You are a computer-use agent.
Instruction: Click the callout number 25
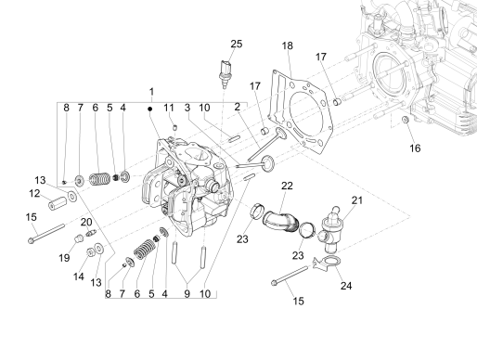coord(236,45)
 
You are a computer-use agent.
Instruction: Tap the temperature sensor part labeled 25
coord(224,71)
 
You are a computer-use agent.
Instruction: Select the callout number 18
coord(288,45)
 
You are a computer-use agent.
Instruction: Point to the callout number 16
coord(416,148)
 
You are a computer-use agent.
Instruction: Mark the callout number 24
coord(347,287)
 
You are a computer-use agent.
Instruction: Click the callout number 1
coord(150,91)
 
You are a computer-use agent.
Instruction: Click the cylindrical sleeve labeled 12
coord(70,199)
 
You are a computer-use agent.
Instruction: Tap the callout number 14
coord(77,276)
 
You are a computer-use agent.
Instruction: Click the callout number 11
coord(170,109)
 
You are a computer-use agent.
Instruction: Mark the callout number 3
coord(187,109)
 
